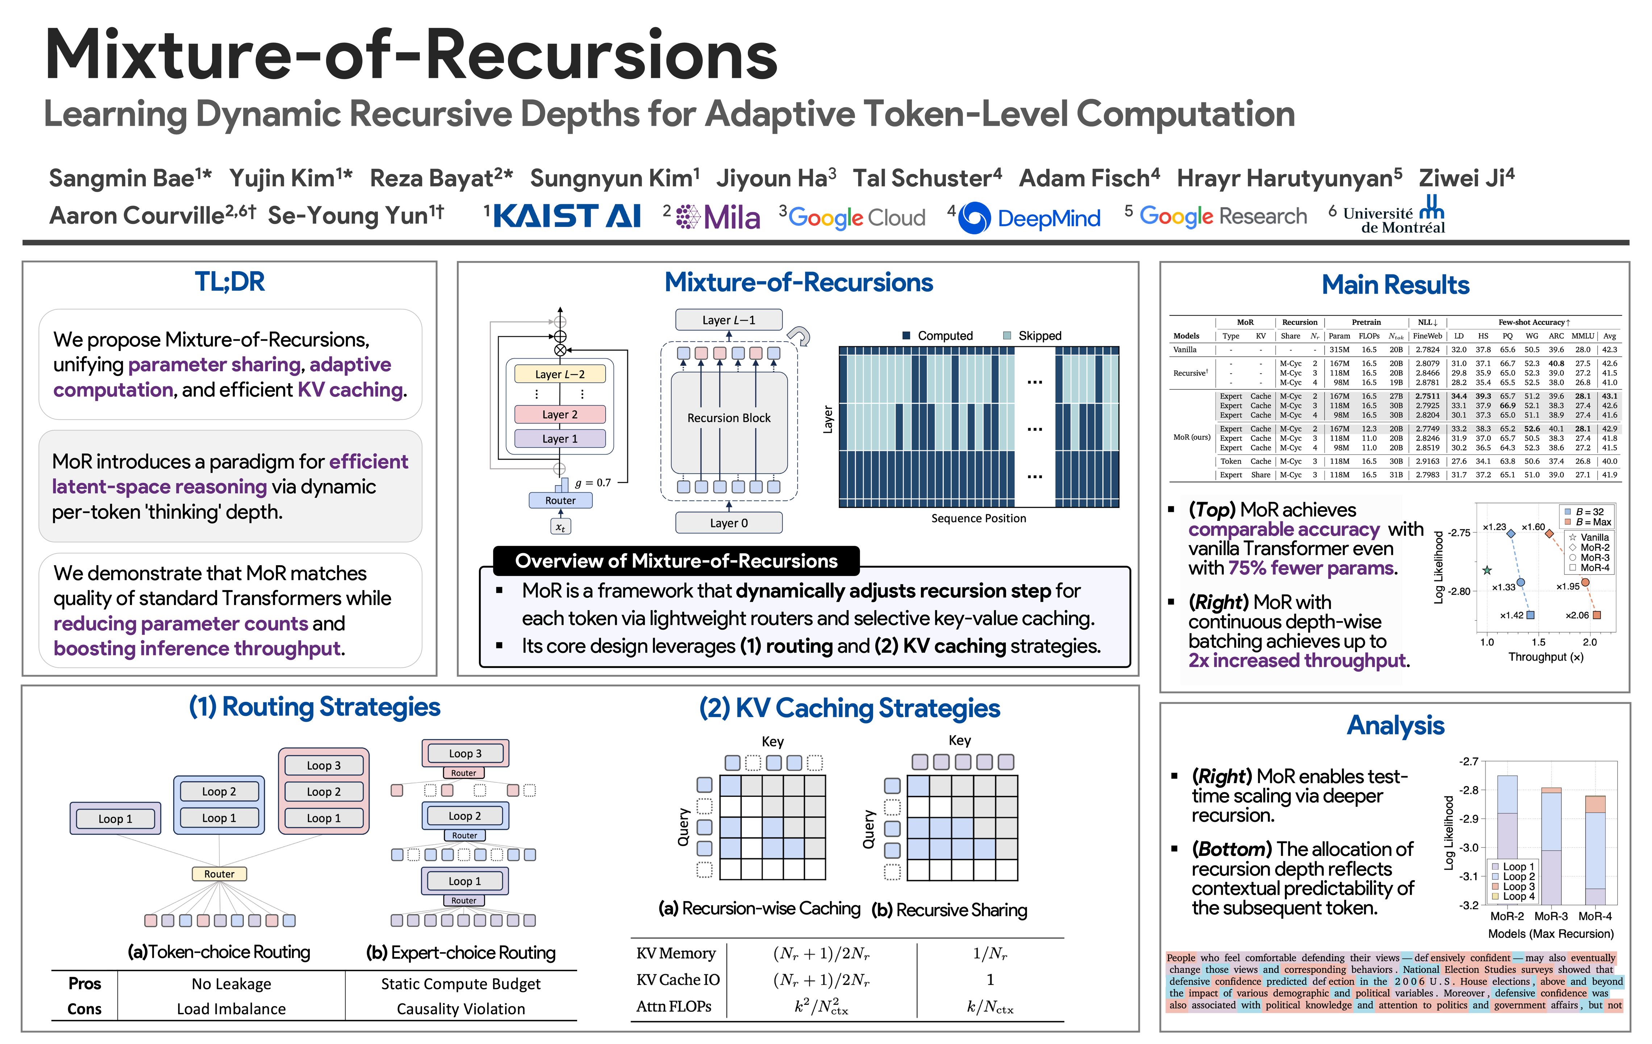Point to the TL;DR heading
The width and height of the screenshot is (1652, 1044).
tap(229, 281)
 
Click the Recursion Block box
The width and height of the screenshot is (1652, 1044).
tap(729, 418)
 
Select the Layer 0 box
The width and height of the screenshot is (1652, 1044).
tap(729, 523)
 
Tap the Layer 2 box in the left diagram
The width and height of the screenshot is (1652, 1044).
tap(560, 415)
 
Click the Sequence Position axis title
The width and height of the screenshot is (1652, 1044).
tap(978, 518)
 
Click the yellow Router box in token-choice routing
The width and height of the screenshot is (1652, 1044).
tap(219, 874)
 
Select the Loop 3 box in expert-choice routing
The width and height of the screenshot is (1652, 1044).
tap(465, 753)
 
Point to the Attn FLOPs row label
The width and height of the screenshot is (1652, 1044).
tap(674, 1006)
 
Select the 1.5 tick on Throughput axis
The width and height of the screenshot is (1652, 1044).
tap(1538, 642)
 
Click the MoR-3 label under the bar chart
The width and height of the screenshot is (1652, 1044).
tap(1551, 916)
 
